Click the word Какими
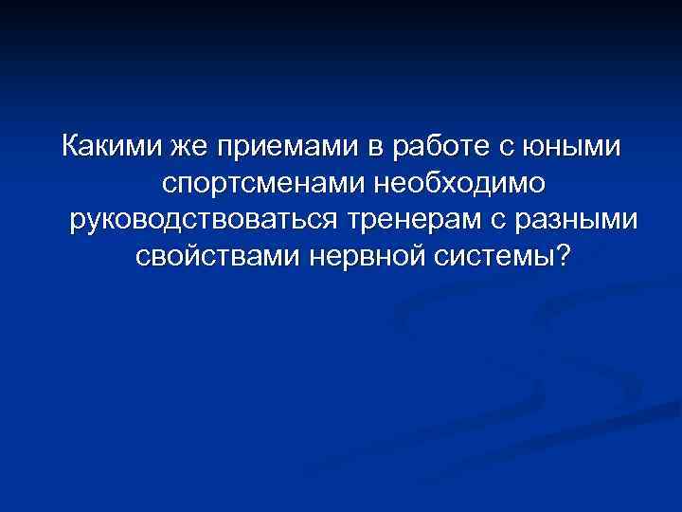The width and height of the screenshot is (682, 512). click(113, 148)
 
